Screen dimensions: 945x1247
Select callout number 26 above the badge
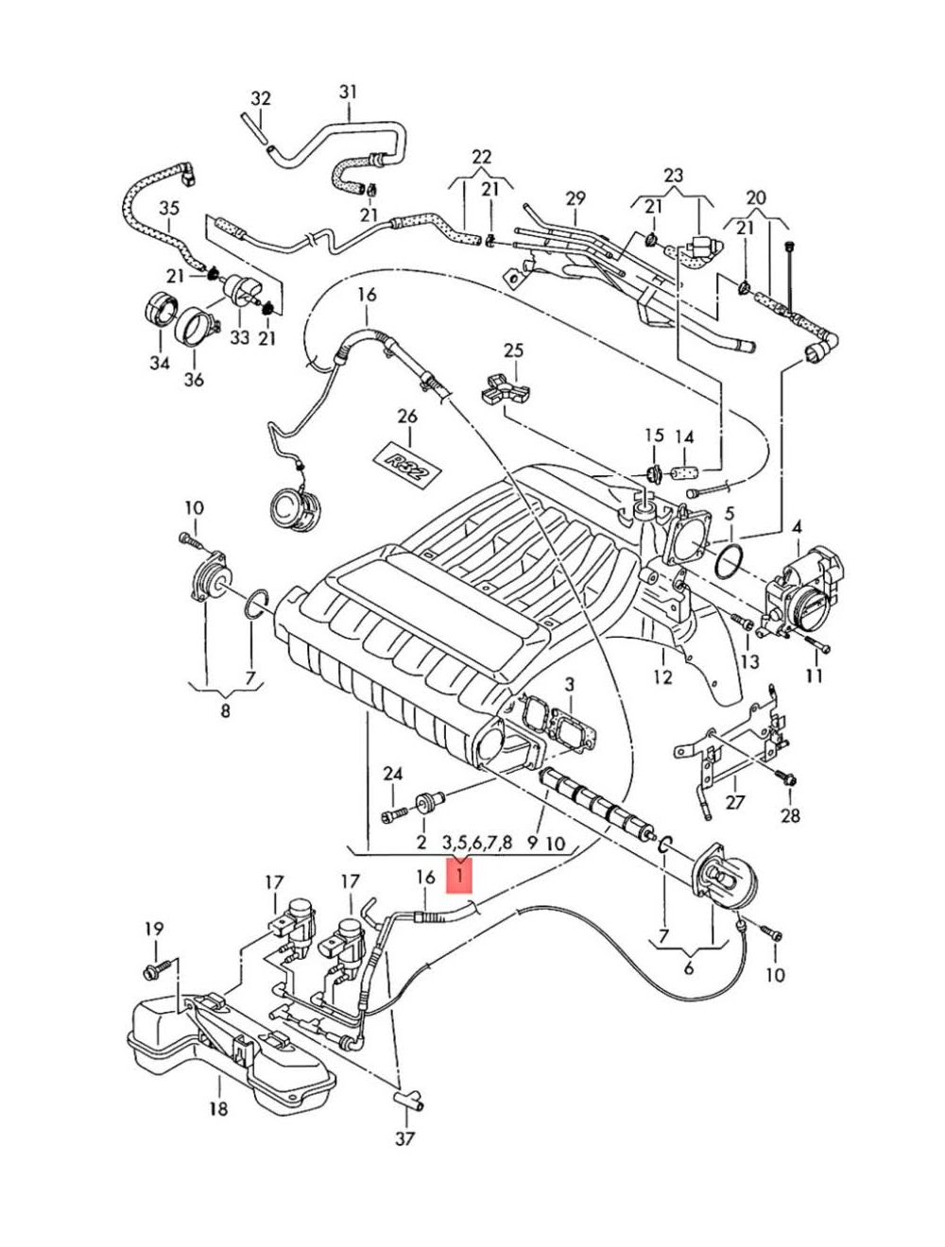click(x=407, y=417)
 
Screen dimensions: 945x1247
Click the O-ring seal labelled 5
click(x=728, y=562)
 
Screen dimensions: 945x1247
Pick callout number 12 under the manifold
click(x=662, y=677)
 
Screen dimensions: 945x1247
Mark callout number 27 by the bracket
click(x=734, y=802)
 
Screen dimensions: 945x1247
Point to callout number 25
click(x=513, y=351)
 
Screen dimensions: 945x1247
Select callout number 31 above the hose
click(x=348, y=92)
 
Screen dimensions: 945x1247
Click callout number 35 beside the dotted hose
click(x=168, y=209)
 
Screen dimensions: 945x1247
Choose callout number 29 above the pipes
click(x=576, y=198)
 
